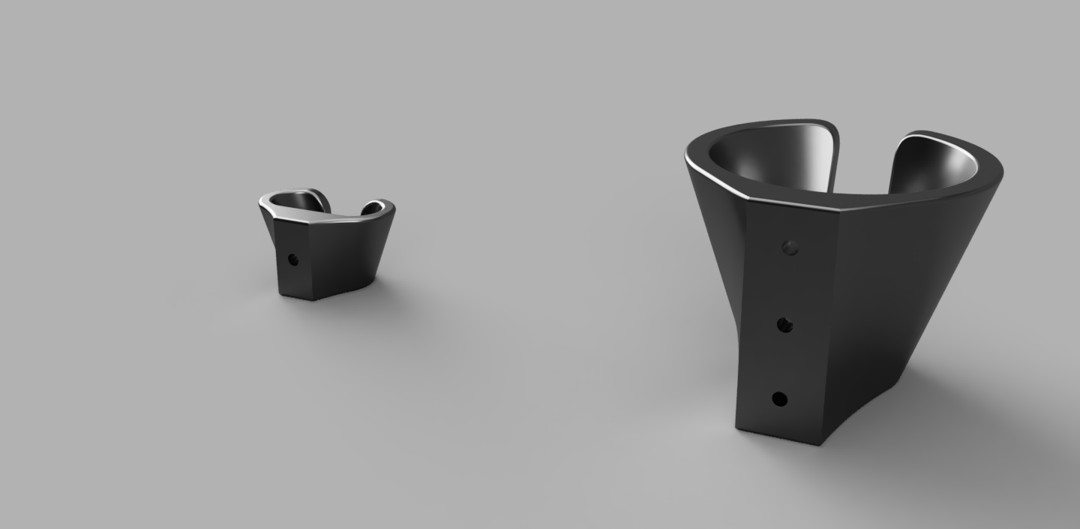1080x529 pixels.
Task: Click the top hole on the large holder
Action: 789,247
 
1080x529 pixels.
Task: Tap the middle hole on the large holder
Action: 784,324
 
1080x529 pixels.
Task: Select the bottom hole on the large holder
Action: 779,399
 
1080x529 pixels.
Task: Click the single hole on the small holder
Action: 292,260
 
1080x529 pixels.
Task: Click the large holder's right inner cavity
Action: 937,161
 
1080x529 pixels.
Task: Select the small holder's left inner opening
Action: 296,200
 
